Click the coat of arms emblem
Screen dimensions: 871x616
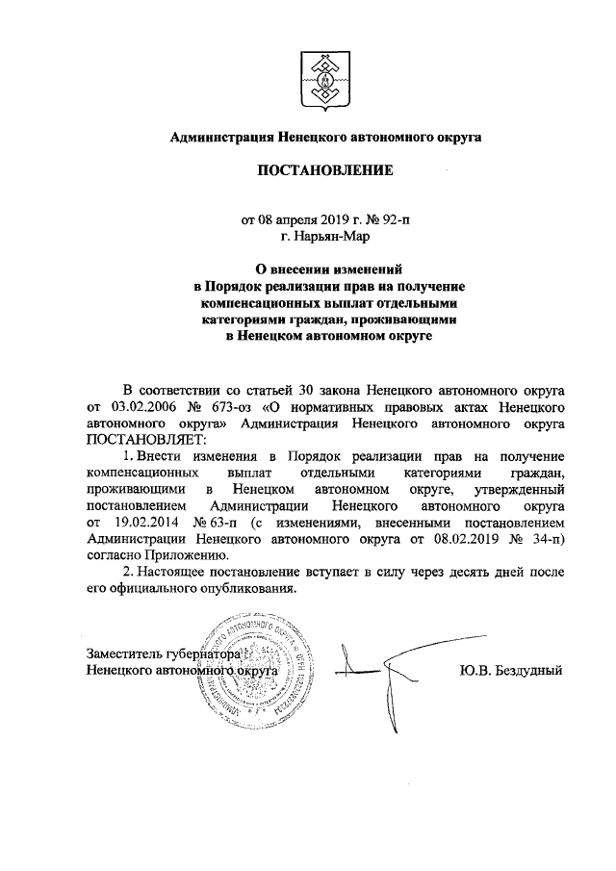click(325, 76)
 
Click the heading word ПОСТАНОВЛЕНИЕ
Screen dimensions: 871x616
click(325, 172)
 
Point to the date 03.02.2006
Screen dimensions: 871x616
click(141, 407)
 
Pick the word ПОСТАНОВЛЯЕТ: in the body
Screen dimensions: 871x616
click(140, 437)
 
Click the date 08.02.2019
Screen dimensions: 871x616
click(449, 540)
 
